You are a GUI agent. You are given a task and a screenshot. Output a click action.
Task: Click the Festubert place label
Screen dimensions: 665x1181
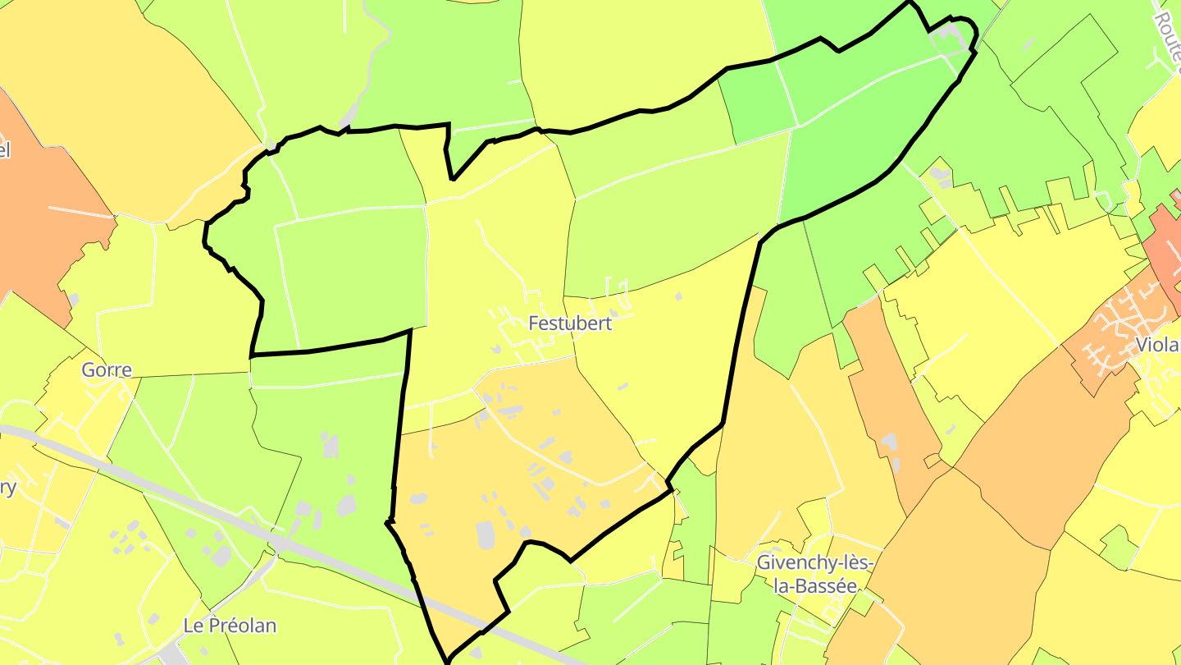(x=570, y=323)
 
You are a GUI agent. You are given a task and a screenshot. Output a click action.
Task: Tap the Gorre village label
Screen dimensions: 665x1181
(x=107, y=369)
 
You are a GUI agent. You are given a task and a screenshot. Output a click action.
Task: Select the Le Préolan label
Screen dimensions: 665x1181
(x=230, y=626)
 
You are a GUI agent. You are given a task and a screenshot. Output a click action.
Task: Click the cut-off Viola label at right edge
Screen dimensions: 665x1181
(x=1158, y=345)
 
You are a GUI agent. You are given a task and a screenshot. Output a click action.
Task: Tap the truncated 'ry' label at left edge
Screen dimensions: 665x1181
(x=7, y=488)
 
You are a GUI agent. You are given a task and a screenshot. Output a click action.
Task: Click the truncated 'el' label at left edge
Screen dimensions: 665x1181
(x=5, y=150)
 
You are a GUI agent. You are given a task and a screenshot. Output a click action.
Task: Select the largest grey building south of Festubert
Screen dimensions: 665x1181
(x=486, y=534)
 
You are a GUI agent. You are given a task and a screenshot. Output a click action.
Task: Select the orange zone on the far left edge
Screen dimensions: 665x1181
(x=41, y=222)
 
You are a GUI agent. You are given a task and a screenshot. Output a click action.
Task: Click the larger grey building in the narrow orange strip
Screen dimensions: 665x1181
(x=889, y=443)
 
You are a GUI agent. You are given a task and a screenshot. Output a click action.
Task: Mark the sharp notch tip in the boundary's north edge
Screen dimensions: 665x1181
(x=452, y=178)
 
